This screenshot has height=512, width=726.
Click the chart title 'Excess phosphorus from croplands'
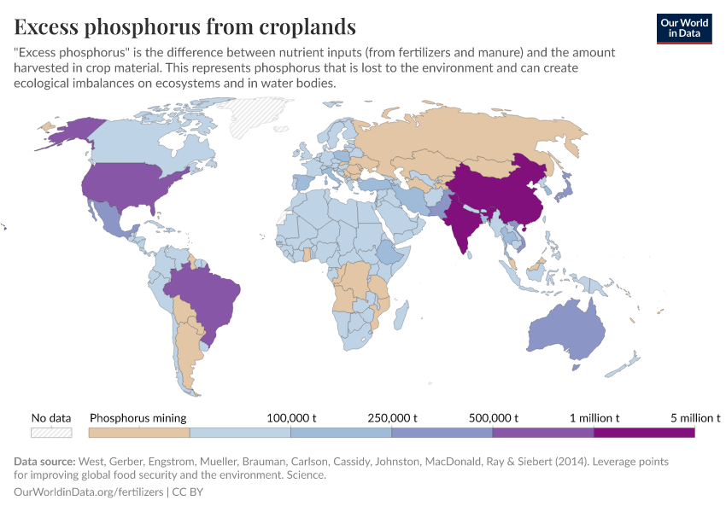point(184,26)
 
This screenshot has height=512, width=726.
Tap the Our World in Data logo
point(684,28)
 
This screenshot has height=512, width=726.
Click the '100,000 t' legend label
point(291,418)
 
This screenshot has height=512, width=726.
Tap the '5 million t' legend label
point(695,418)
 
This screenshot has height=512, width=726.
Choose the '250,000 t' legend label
point(391,418)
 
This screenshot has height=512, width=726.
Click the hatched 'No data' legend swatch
point(50,433)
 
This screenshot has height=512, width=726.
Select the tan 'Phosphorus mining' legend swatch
point(139,433)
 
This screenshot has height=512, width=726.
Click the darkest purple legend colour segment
point(644,433)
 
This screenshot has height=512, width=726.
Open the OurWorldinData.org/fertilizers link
point(91,492)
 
